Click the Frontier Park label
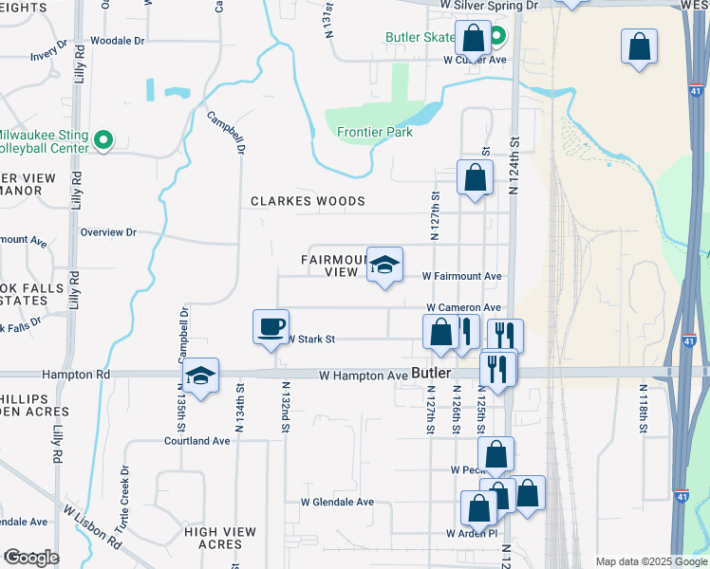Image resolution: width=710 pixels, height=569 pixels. (x=375, y=133)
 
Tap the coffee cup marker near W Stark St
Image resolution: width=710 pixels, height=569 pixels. (x=271, y=327)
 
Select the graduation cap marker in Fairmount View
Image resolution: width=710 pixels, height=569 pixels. (x=385, y=265)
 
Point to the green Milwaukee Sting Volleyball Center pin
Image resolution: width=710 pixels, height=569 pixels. (x=104, y=141)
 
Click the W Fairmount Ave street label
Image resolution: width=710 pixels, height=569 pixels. (x=461, y=277)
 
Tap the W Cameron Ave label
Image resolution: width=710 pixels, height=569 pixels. (x=463, y=308)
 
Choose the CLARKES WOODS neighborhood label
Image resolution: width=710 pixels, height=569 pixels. (x=308, y=202)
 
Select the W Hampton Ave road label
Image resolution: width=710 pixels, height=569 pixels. (x=363, y=376)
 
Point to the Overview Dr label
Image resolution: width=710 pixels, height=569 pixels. (x=108, y=232)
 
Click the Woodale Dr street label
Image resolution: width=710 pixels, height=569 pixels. (x=117, y=42)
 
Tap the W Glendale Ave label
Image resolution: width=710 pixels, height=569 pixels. (x=337, y=503)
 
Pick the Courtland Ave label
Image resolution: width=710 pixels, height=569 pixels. (x=197, y=441)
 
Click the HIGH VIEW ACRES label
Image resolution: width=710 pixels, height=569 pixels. (x=214, y=539)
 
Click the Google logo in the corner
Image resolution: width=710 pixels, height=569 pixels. (x=30, y=558)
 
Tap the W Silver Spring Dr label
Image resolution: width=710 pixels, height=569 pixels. (x=490, y=6)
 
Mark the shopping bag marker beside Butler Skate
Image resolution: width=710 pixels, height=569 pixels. (x=473, y=40)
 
